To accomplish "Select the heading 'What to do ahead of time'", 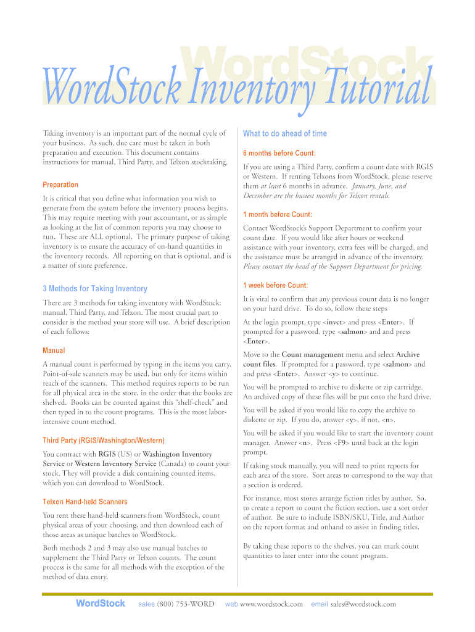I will pos(285,133).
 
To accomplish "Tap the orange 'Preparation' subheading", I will pos(60,185).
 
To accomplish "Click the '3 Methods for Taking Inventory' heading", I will pos(95,288).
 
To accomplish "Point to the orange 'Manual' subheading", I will pos(54,350).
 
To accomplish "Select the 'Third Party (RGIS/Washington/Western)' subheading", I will pos(104,440).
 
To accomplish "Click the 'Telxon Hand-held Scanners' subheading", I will pos(85,502).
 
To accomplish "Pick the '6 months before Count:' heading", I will pos(279,153).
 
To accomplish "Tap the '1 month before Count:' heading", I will pos(278,215).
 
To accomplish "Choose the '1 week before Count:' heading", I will pos(275,285).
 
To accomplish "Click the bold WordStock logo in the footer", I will pos(100,604).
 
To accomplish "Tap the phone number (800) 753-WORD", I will pos(186,604).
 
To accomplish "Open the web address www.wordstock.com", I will pos(271,604).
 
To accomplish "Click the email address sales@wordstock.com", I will pos(363,604).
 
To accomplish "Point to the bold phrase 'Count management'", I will pos(313,355).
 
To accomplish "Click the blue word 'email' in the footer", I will pos(320,604).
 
